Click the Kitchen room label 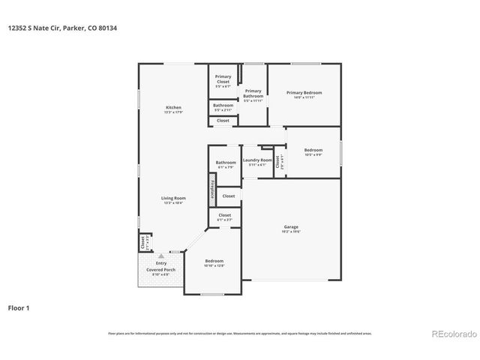pos(173,108)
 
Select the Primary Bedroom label pos(304,93)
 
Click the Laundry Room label pos(257,160)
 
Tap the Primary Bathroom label pos(253,94)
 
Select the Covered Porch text pos(161,269)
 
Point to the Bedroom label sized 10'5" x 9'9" pos(313,151)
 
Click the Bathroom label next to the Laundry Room pos(226,163)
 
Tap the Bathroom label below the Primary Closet pos(223,106)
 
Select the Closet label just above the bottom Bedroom pos(225,216)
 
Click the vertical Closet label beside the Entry pos(142,243)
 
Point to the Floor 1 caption pos(19,307)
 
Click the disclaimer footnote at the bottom pos(240,333)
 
